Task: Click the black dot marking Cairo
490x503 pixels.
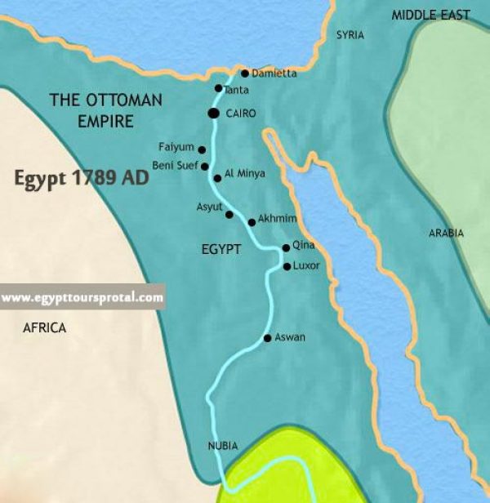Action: click(x=214, y=114)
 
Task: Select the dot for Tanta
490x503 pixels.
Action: click(x=218, y=88)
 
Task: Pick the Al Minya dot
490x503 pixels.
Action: click(x=216, y=177)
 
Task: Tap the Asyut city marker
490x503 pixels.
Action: click(x=229, y=215)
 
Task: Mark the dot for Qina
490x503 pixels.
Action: click(x=285, y=247)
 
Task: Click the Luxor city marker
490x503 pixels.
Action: click(x=287, y=266)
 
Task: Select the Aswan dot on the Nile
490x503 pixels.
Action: click(x=267, y=338)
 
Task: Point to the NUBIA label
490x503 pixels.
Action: click(x=223, y=446)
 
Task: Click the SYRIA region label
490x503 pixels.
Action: click(x=350, y=36)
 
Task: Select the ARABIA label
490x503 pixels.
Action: click(x=446, y=234)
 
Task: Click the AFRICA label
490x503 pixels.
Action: click(x=45, y=327)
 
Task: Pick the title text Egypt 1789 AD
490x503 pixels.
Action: click(x=81, y=176)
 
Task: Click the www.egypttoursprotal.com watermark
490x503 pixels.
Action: click(x=82, y=298)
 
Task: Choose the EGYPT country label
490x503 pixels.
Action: click(x=221, y=249)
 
